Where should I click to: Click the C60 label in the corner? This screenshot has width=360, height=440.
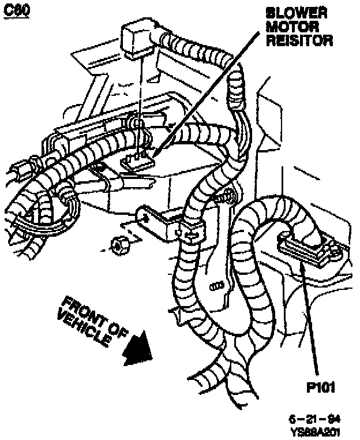[x=18, y=11]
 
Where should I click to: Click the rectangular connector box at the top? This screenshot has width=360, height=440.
[x=137, y=35]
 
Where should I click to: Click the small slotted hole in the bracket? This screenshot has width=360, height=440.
[x=217, y=285]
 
